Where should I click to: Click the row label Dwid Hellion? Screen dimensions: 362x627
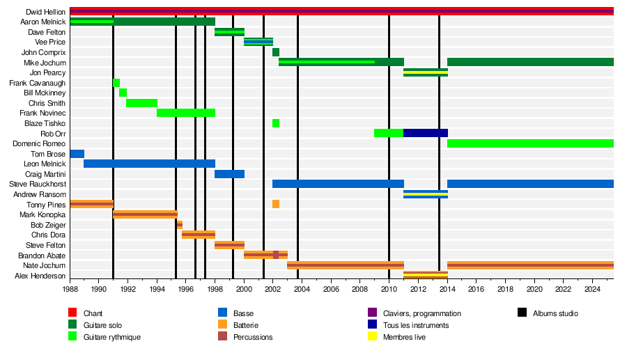click(46, 12)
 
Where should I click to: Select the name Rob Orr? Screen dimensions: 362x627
click(54, 133)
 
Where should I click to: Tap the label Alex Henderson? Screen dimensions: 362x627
click(40, 276)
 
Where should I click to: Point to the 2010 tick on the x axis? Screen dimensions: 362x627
click(389, 288)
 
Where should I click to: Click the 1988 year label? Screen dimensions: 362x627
click(70, 288)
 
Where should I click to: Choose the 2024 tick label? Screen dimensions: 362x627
click(591, 288)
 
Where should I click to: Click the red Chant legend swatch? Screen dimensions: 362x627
click(72, 313)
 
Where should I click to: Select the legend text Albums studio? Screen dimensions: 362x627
click(555, 313)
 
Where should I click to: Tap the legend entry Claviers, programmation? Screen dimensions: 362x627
click(421, 313)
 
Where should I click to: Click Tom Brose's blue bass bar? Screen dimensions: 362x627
click(77, 154)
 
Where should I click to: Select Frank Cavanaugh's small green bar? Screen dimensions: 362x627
click(116, 83)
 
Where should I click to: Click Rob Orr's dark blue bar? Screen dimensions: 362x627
click(426, 133)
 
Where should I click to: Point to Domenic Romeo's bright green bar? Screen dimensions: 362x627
click(529, 143)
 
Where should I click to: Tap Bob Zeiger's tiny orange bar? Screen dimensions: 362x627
click(180, 225)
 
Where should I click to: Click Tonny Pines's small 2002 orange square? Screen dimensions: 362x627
click(276, 204)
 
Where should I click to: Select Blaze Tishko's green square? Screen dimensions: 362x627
click(276, 123)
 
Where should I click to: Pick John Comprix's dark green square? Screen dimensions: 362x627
click(276, 52)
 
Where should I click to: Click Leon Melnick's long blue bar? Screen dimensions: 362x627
click(149, 164)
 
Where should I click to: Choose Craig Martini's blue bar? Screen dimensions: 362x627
click(229, 174)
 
